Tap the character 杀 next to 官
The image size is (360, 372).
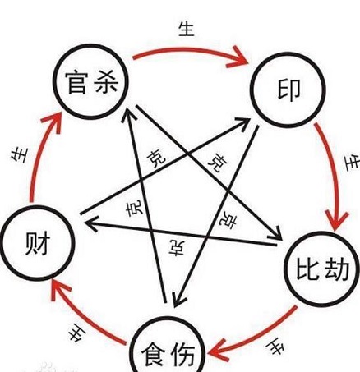(106, 81)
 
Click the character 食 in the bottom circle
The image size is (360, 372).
(154, 355)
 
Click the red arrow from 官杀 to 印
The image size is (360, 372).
(189, 50)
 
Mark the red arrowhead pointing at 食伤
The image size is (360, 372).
(218, 351)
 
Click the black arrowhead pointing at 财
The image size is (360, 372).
(92, 224)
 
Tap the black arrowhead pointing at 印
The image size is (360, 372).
(242, 124)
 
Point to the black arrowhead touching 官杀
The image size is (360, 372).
(129, 115)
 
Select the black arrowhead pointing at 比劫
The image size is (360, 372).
(277, 234)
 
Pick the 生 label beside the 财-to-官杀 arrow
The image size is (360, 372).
(20, 155)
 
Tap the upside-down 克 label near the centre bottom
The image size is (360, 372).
(177, 248)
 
